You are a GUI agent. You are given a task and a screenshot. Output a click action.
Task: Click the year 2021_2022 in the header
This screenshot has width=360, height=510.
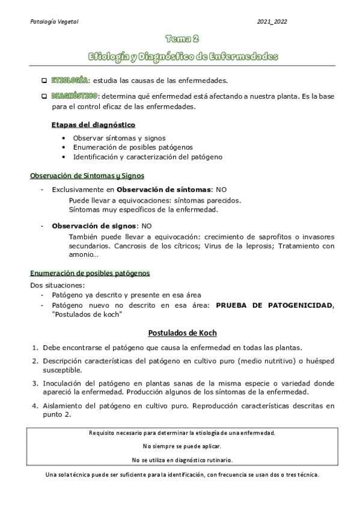click(272, 22)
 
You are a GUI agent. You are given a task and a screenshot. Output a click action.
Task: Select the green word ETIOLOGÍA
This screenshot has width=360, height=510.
click(69, 80)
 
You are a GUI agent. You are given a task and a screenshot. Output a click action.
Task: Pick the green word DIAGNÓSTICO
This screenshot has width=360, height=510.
click(74, 96)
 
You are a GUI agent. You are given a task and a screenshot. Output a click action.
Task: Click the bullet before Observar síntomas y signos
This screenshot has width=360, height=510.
click(64, 138)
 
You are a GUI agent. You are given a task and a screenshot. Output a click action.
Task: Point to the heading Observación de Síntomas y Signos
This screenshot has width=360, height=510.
click(87, 176)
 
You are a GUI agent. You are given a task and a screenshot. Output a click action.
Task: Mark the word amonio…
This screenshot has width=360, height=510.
click(84, 254)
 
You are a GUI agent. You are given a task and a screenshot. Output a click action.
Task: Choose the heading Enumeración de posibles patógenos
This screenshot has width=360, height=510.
click(90, 273)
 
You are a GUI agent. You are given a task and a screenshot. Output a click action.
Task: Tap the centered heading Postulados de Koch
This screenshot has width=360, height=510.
click(182, 333)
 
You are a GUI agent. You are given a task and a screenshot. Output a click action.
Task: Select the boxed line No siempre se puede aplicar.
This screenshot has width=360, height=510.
click(182, 446)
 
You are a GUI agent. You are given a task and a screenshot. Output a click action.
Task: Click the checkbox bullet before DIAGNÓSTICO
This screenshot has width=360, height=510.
click(44, 96)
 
